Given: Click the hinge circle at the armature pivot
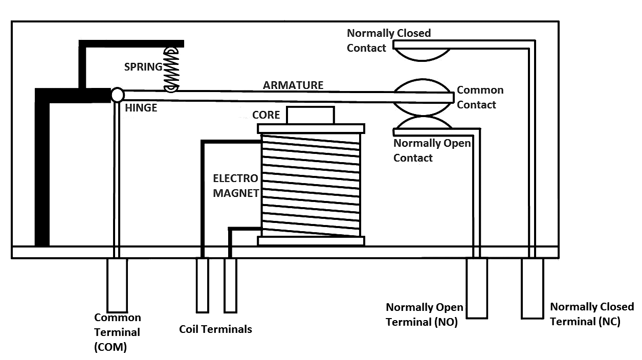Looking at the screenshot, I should (117, 95).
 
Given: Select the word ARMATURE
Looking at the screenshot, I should (293, 85).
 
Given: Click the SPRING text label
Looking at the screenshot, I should (143, 66).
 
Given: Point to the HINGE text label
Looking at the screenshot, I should (141, 108).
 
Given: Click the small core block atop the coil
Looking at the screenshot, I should (310, 115).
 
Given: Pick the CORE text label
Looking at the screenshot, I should (266, 115).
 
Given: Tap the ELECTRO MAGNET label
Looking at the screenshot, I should (236, 186).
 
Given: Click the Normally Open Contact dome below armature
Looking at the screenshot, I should (423, 123).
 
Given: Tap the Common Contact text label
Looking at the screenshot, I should (479, 97).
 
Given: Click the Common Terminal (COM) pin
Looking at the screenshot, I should (117, 286).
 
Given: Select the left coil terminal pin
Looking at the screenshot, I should (202, 285).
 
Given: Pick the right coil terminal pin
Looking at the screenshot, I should (230, 285).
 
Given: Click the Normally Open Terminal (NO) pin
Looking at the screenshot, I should (477, 288).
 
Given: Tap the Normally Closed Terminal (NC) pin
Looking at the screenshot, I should (532, 288).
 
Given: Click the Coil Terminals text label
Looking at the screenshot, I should (215, 329).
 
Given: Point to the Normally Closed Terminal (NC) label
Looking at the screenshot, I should (591, 314).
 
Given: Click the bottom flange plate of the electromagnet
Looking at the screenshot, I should (311, 241).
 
